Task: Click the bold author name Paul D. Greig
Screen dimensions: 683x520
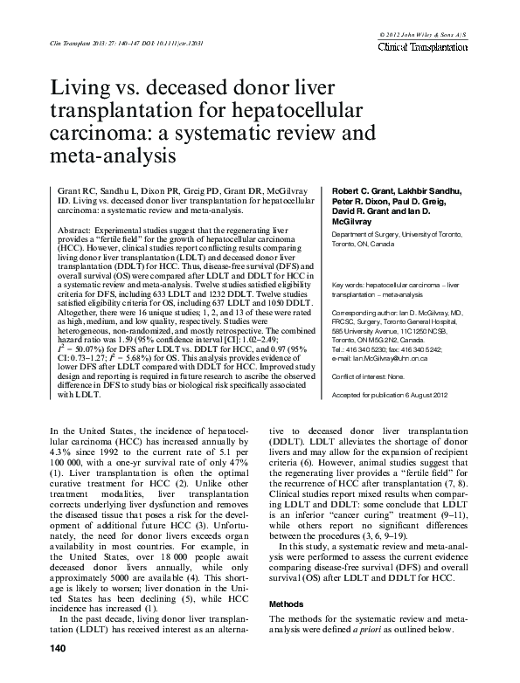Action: (414, 201)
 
